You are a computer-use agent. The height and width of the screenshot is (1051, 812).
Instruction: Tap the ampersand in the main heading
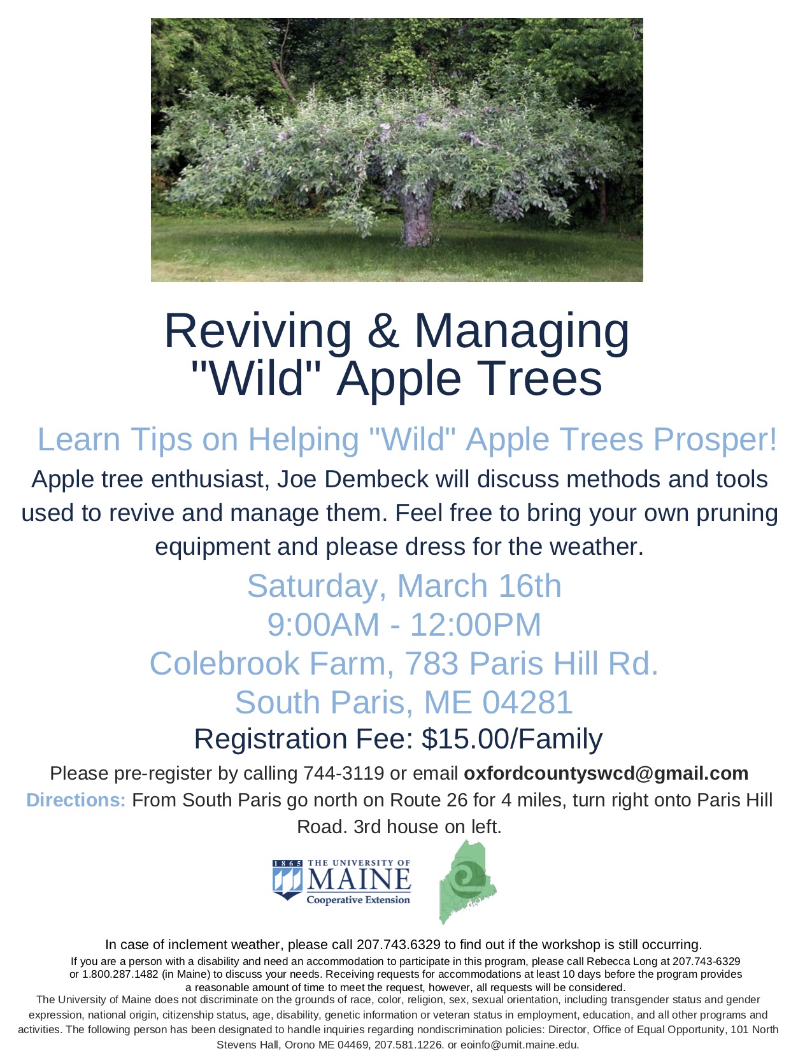click(x=383, y=332)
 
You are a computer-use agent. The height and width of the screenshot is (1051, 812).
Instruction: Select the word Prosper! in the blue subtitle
click(x=715, y=441)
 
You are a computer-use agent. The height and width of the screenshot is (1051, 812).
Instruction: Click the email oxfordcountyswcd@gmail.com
click(x=606, y=774)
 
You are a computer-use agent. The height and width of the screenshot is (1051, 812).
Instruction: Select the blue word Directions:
click(x=76, y=801)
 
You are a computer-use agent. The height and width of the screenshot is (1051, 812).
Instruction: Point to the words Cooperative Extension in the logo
click(x=358, y=900)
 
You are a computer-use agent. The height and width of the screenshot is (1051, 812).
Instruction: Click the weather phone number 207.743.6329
click(x=399, y=945)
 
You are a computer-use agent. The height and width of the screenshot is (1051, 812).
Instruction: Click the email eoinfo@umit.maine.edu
click(x=519, y=1044)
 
